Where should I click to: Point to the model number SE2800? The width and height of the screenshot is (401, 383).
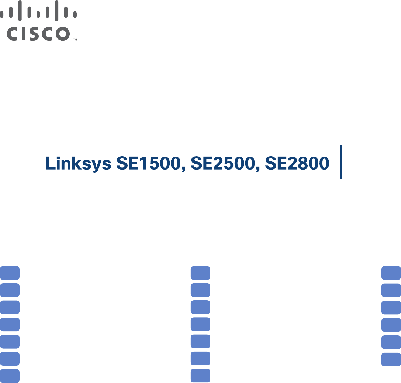pos(297,163)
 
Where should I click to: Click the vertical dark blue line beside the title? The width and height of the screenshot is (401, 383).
pos(340,162)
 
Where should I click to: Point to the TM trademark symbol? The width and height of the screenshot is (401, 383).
pos(75,39)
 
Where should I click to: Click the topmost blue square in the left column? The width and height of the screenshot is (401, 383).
pos(10,273)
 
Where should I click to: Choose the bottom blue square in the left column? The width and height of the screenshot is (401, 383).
pos(10,375)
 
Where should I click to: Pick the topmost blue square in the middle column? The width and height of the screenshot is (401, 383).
pos(200,273)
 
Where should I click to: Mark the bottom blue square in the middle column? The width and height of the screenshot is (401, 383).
pos(200,375)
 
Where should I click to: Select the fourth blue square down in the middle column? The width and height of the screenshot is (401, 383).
pos(200,324)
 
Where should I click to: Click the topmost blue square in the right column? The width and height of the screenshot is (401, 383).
pos(391,273)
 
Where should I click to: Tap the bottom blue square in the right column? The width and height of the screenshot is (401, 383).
pos(391,359)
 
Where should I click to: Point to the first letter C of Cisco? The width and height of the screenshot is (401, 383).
pos(14,34)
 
